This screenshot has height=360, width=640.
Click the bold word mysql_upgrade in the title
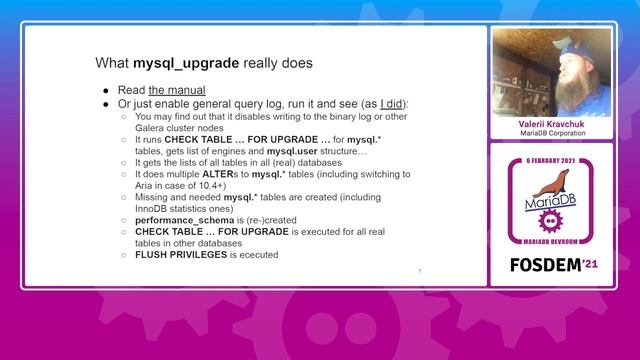[186, 63]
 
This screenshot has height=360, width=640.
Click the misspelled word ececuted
[257, 255]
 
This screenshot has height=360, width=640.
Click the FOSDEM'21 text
[553, 268]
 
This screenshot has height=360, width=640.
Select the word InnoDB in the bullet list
[152, 209]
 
